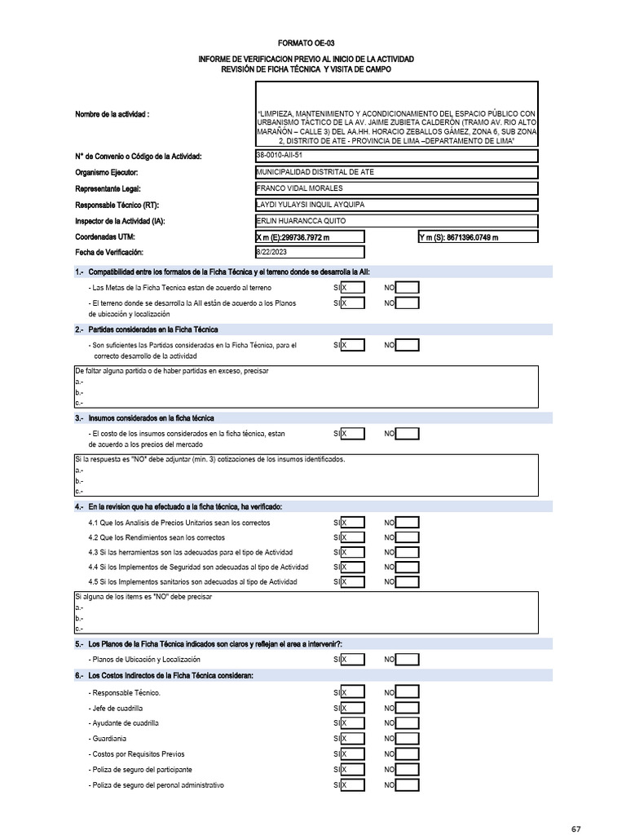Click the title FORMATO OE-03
pyautogui.click(x=306, y=43)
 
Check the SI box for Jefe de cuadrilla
pyautogui.click(x=353, y=708)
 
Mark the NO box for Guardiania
pyautogui.click(x=407, y=739)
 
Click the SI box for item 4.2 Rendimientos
pyautogui.click(x=353, y=537)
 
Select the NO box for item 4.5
pyautogui.click(x=407, y=581)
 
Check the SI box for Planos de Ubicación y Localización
pyautogui.click(x=353, y=659)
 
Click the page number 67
pyautogui.click(x=575, y=828)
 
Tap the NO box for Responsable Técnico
pyautogui.click(x=407, y=692)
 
